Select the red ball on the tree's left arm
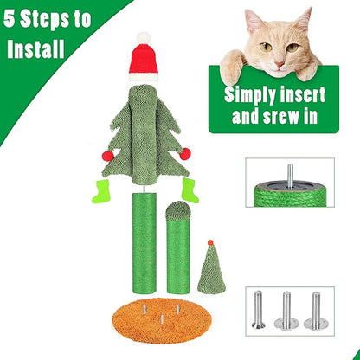coord(108,156)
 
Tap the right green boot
coord(189,190)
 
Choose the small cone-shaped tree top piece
coord(208,267)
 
